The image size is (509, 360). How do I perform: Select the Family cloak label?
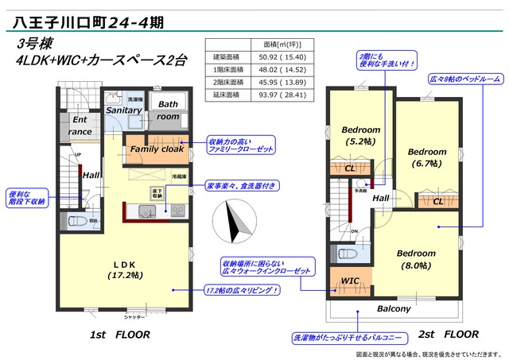(x=157, y=149)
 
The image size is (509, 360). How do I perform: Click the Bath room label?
(x=168, y=110)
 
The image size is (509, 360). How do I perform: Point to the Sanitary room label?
(x=124, y=112)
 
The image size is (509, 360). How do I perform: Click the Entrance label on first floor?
(x=80, y=126)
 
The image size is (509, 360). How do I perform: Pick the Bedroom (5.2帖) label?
(x=361, y=135)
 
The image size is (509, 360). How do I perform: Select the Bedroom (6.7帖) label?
(x=426, y=157)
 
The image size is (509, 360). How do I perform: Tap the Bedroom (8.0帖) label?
(x=417, y=258)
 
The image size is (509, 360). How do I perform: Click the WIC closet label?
(x=350, y=281)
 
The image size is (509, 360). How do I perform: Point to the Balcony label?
(x=394, y=308)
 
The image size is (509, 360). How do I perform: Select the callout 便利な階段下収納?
(x=28, y=197)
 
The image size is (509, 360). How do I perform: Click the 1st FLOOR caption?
(x=120, y=335)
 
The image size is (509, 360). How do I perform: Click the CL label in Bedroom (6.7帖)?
(x=438, y=202)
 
